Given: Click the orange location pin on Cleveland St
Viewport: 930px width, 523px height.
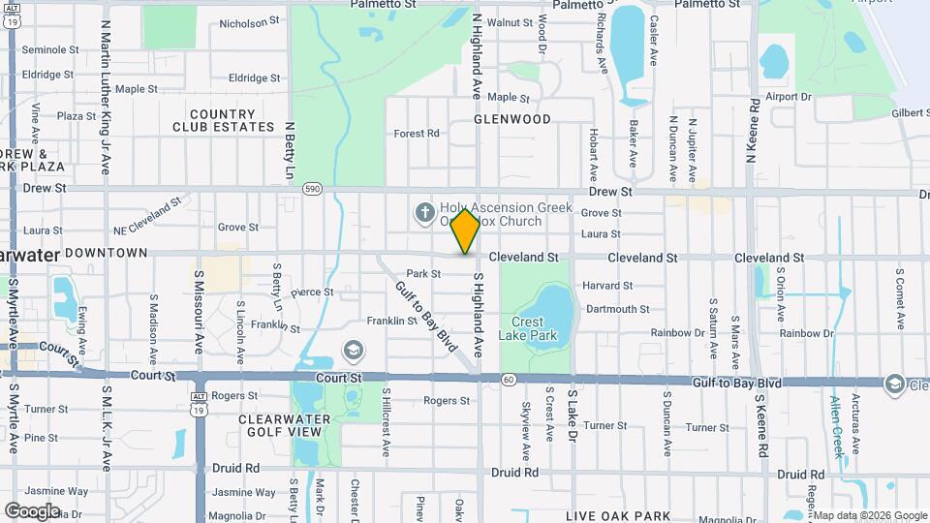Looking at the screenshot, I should click(x=466, y=231).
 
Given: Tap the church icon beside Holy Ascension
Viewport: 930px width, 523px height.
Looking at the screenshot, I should click(x=424, y=211).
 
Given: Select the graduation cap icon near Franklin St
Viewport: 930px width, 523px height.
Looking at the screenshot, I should click(x=355, y=349).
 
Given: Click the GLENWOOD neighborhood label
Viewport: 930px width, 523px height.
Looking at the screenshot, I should click(x=512, y=119).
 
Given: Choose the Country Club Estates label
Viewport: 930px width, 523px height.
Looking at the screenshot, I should click(x=223, y=120).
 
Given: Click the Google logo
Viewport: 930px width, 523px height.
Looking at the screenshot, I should click(x=32, y=510).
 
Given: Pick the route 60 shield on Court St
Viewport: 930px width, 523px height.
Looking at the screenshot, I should click(x=508, y=379).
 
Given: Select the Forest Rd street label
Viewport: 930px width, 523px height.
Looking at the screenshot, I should click(x=418, y=134).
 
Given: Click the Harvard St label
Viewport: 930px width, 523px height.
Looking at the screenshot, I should click(x=607, y=286).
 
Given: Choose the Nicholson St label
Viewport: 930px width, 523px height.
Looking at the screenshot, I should click(x=249, y=21).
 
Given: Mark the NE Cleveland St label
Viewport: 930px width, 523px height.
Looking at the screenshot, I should click(x=147, y=216).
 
